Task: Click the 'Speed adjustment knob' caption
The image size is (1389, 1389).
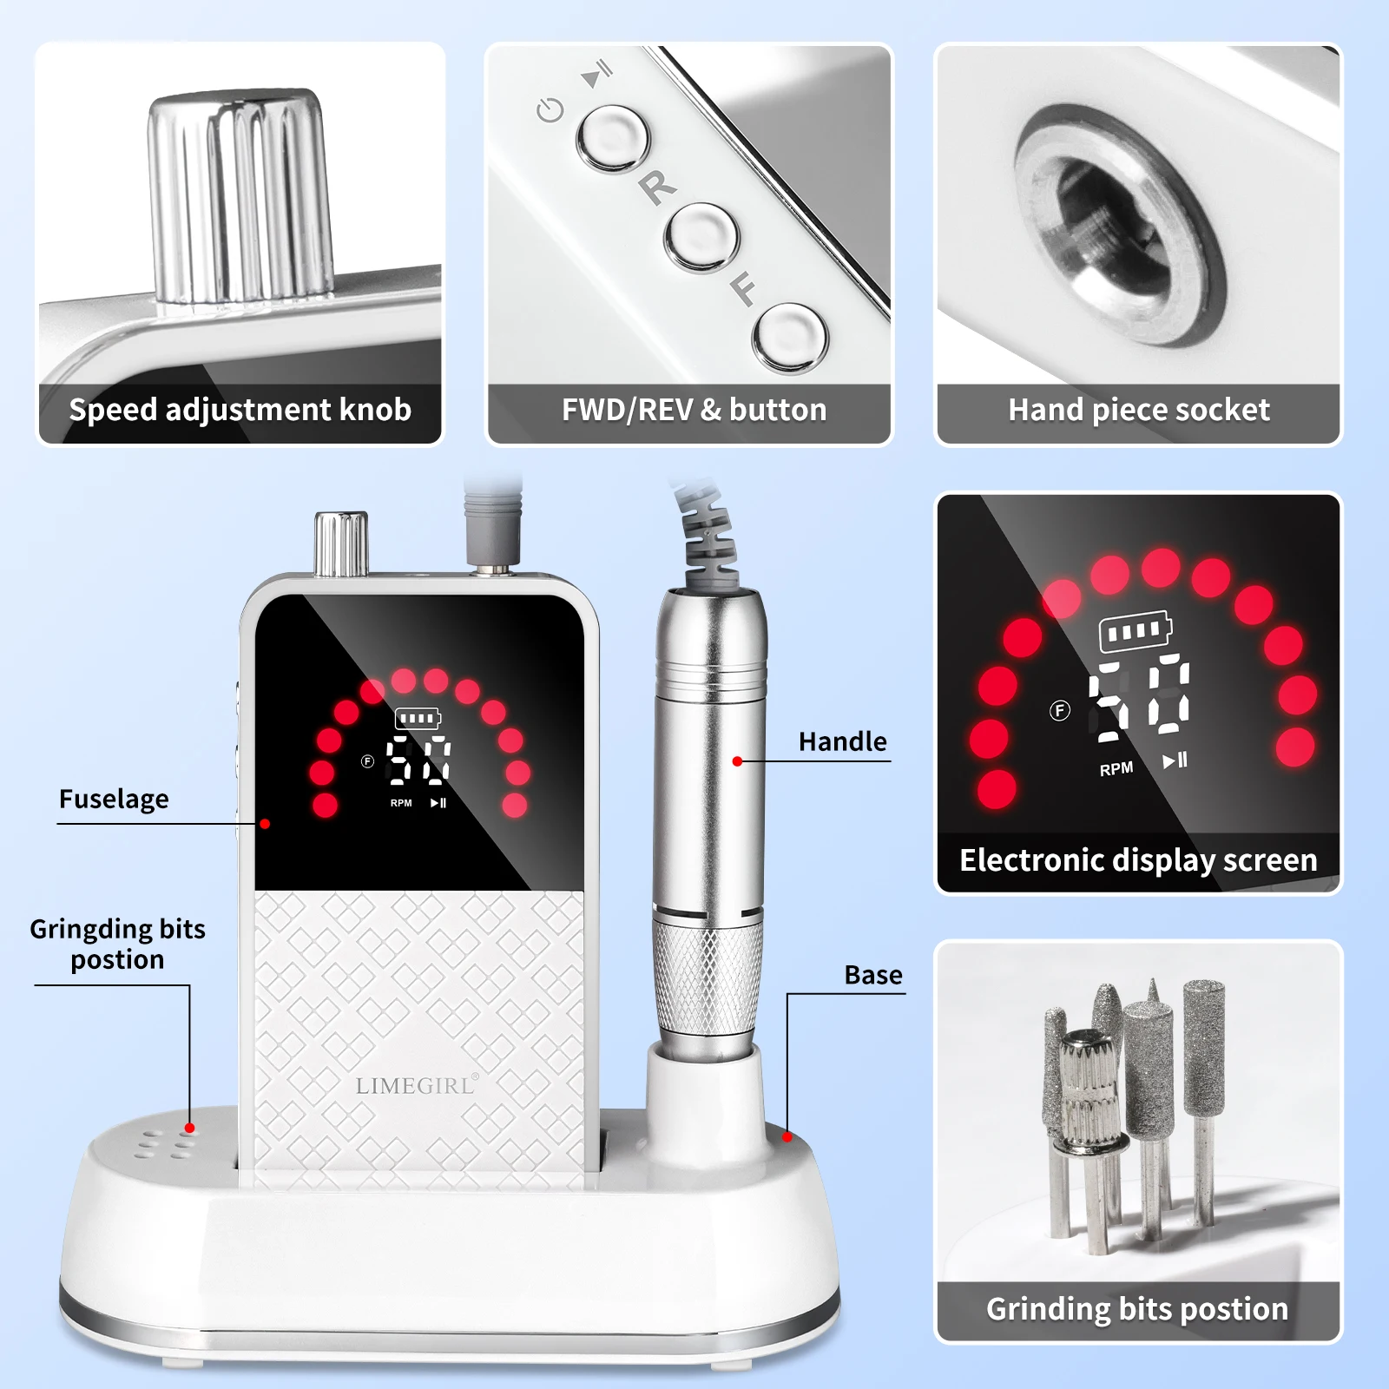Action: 240,410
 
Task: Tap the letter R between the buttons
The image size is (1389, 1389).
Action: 658,186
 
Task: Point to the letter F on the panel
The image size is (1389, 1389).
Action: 743,288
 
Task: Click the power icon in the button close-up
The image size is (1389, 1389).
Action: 550,110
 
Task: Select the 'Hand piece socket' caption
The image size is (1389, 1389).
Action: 1138,410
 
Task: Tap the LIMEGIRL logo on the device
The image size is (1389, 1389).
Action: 416,1085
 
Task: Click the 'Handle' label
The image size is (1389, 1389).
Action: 842,741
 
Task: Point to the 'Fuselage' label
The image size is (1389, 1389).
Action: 114,799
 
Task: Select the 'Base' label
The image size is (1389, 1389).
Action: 872,975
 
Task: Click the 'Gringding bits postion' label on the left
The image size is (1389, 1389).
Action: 117,944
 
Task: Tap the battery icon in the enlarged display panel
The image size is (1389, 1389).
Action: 1135,631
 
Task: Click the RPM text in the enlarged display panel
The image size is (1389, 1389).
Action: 1116,769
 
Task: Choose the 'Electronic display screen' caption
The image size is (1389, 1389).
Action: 1138,860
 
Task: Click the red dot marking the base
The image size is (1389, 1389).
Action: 787,1136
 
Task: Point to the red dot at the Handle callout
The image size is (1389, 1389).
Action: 737,761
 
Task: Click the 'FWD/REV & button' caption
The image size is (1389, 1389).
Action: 694,410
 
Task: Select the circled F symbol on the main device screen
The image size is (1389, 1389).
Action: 367,761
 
